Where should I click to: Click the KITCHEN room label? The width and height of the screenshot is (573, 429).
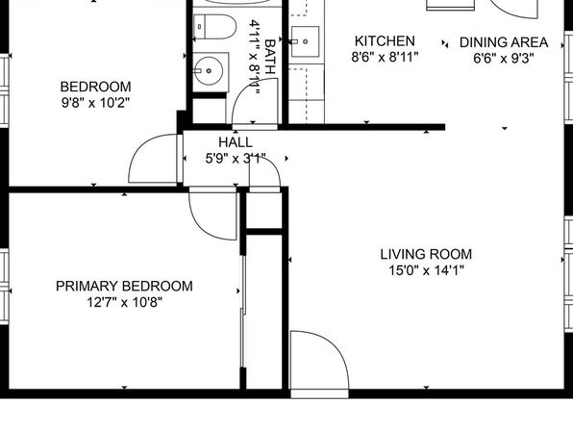(x=385, y=41)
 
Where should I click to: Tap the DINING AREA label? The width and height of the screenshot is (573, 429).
(x=504, y=42)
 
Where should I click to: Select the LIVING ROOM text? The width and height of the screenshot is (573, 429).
(x=426, y=254)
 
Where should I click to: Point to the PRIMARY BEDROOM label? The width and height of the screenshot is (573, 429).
(x=124, y=286)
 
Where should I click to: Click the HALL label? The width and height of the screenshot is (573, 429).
(x=236, y=142)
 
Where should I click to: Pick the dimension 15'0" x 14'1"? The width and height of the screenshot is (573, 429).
(x=426, y=270)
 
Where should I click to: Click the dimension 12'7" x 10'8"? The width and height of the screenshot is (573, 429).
(x=124, y=302)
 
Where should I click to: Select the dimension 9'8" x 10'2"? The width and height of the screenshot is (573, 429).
(x=95, y=103)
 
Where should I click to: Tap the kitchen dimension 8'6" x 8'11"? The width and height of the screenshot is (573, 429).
(x=385, y=58)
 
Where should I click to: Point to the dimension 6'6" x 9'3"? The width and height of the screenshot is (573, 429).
(x=504, y=59)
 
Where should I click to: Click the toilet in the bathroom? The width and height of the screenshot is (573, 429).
(x=214, y=27)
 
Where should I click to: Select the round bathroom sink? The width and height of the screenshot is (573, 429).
(x=209, y=71)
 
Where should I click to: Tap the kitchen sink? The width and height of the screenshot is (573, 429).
(x=305, y=41)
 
